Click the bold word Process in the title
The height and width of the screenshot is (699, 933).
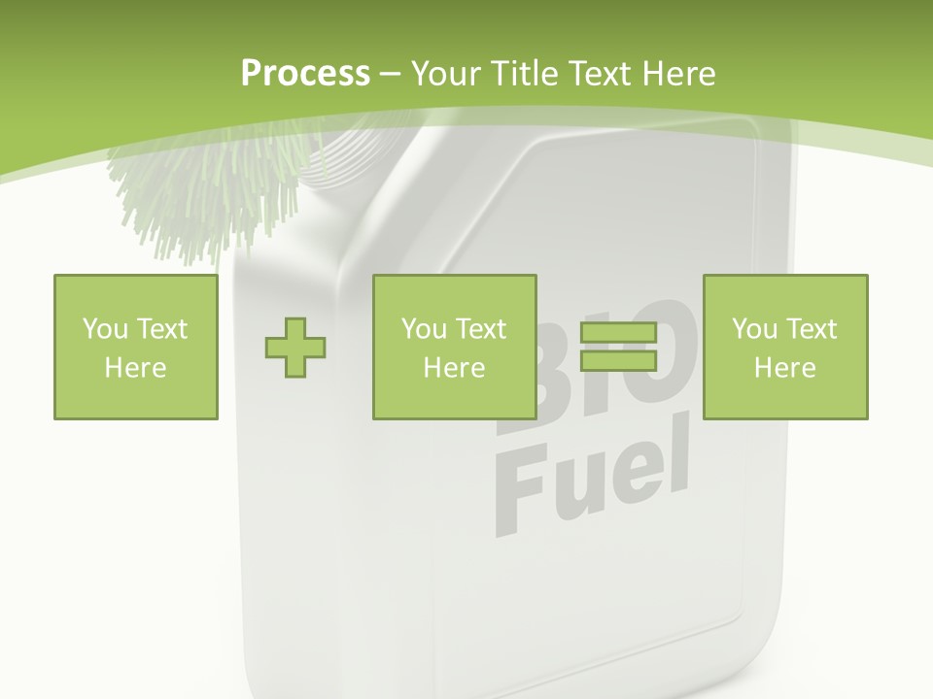click(x=305, y=74)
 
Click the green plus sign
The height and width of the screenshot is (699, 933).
click(x=295, y=348)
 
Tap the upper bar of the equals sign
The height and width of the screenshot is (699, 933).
click(x=618, y=333)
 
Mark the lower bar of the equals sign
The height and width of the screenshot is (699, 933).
click(x=618, y=360)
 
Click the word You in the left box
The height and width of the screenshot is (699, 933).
click(x=105, y=329)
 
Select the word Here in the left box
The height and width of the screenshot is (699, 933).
click(x=135, y=368)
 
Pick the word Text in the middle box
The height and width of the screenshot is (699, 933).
click(x=480, y=329)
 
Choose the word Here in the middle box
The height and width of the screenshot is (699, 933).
click(x=454, y=368)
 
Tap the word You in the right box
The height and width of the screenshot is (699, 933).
click(x=754, y=329)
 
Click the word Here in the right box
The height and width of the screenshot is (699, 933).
click(x=784, y=368)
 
